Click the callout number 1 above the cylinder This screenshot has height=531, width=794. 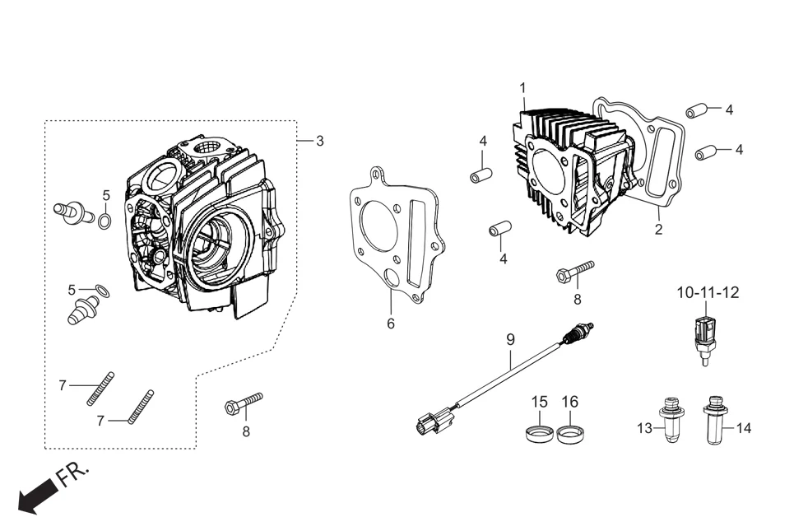(x=522, y=87)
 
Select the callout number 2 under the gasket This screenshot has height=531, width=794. (x=658, y=230)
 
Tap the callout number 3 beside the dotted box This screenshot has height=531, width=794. (x=319, y=142)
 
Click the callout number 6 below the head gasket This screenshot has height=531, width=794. (x=391, y=324)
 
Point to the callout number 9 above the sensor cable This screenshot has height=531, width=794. (x=510, y=339)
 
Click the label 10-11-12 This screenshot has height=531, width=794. (x=708, y=292)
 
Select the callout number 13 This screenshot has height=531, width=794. (x=644, y=428)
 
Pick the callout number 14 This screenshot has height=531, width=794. (x=743, y=428)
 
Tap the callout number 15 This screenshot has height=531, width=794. (x=539, y=402)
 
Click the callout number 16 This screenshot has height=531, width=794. (x=570, y=402)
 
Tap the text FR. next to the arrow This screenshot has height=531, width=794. (x=72, y=475)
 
